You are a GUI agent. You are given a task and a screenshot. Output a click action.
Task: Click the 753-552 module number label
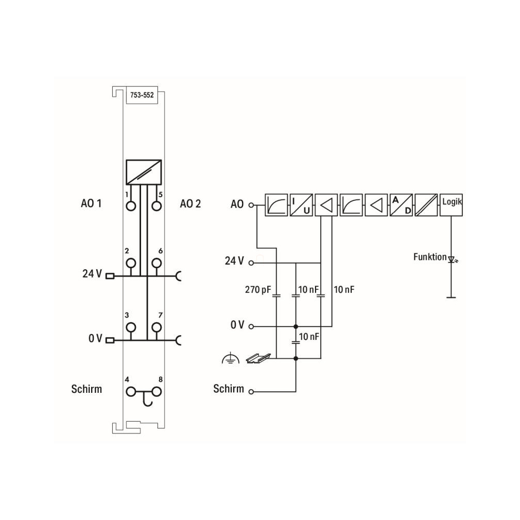[142, 95]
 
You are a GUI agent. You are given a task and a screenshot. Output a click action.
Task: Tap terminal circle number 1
[131, 206]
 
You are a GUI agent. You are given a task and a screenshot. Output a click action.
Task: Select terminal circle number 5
[157, 206]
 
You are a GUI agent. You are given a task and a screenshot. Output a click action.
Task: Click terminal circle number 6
[157, 263]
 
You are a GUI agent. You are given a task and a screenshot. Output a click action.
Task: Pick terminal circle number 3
[131, 327]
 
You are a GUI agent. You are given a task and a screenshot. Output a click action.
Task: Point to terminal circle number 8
[157, 392]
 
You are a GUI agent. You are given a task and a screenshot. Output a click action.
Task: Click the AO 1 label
[91, 203]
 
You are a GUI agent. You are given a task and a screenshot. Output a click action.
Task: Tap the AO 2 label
[190, 203]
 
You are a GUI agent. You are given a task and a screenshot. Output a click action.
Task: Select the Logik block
[451, 205]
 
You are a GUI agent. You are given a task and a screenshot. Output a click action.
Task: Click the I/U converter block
[301, 205]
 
